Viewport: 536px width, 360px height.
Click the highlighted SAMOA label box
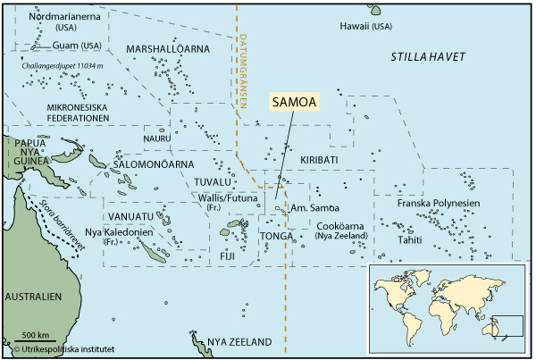294,103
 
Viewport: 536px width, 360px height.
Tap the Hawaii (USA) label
365,28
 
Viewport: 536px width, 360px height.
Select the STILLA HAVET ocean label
428,57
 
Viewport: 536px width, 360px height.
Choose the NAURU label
157,138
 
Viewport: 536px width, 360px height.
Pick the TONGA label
276,236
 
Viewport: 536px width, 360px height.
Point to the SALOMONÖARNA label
152,164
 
